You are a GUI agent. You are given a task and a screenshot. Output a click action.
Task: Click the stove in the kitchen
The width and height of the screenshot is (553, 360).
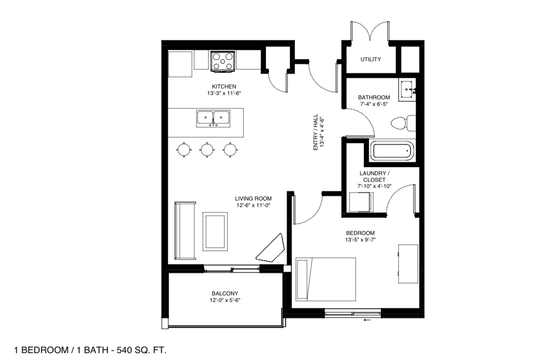pos(222,62)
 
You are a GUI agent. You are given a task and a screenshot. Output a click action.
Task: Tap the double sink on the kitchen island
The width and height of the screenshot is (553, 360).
pos(213,119)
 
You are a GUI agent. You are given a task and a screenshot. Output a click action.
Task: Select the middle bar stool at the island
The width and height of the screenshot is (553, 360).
pos(207,149)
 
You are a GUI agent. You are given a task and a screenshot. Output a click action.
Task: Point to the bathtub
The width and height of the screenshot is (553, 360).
pos(392,151)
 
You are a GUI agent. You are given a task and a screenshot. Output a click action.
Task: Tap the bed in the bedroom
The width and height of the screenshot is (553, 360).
pos(325,279)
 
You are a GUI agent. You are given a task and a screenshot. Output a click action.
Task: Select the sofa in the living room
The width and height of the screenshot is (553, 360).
pos(185,231)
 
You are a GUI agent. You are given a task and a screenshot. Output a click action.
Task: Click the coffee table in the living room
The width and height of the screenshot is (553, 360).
pos(215,232)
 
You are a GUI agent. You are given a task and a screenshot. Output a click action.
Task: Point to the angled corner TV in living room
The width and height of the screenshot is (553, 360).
pos(270,248)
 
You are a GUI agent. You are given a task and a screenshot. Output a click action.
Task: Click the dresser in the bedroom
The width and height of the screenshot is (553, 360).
pos(408,264)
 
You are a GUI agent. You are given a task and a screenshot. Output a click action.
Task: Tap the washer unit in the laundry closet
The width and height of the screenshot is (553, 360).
pos(361,202)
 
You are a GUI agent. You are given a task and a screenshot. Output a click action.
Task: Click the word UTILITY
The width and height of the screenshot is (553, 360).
pos(370,59)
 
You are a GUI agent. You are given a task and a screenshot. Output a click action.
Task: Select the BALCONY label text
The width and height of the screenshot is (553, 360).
pos(225,293)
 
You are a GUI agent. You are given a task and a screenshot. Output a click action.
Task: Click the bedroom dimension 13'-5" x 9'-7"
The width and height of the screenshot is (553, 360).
pos(360,239)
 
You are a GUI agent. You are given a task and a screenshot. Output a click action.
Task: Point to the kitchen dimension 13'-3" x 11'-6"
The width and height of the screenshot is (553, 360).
pos(224,93)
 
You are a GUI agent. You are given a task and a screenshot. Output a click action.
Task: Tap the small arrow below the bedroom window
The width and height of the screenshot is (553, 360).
pos(367,320)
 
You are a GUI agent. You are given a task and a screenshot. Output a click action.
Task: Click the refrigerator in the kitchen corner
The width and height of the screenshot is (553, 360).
pos(180,64)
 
